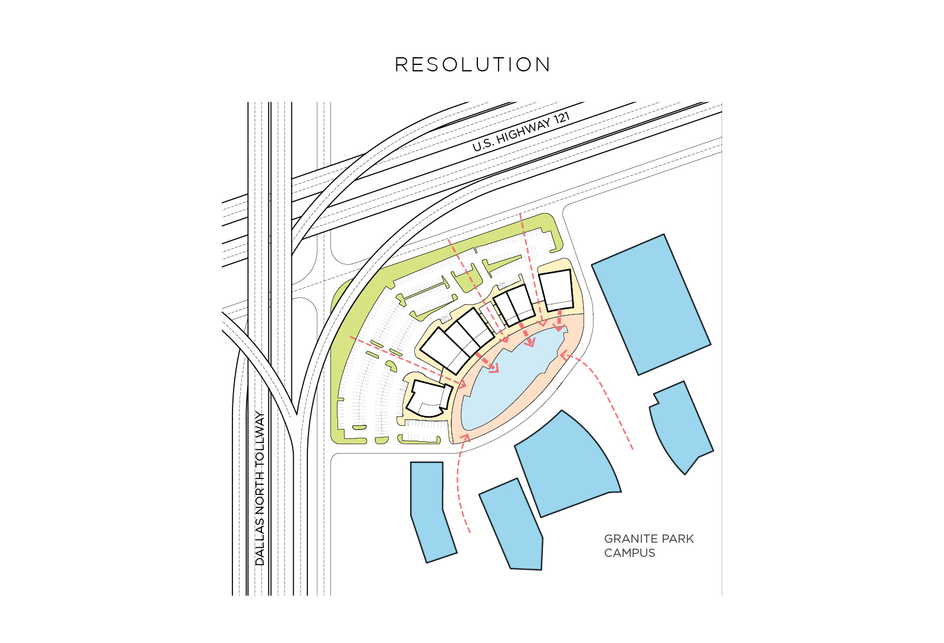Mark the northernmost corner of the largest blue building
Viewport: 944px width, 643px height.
(x=664, y=235)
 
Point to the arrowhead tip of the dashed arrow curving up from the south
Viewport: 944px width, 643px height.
(x=466, y=434)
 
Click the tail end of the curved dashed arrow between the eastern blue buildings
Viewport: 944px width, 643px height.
(x=632, y=449)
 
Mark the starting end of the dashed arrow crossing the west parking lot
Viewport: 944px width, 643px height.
(x=350, y=337)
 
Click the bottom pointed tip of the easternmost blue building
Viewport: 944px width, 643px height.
(x=685, y=474)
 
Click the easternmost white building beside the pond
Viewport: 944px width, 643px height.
(x=556, y=290)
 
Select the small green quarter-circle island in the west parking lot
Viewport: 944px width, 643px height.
(x=392, y=366)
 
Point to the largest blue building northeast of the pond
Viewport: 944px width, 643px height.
(x=651, y=304)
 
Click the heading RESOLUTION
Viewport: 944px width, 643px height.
(x=473, y=65)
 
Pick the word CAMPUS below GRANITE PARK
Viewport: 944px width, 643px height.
(x=630, y=553)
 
